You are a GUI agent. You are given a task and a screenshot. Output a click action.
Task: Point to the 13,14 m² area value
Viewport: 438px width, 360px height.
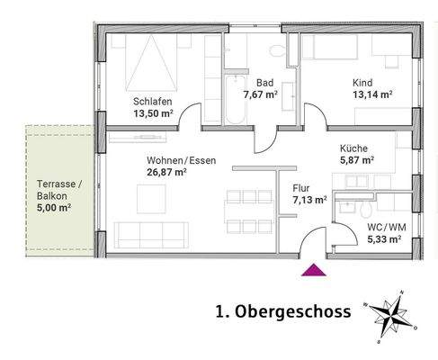tap(370, 92)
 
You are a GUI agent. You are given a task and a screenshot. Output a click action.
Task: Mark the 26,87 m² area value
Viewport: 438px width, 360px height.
tap(167, 172)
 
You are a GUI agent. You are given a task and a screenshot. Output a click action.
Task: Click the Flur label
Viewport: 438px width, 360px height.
tap(301, 190)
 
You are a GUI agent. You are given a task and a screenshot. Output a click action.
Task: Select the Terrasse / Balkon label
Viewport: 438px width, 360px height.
tap(58, 188)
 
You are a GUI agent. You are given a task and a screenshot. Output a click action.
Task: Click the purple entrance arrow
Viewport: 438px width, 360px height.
tap(313, 268)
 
